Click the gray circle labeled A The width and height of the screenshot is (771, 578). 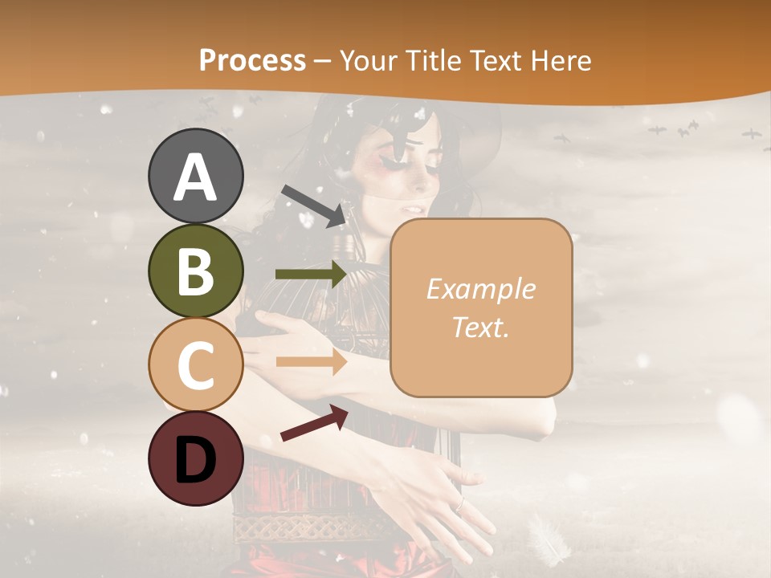196,176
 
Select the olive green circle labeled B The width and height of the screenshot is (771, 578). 196,271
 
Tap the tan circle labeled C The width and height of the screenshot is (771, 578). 196,364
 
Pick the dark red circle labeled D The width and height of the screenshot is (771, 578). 196,459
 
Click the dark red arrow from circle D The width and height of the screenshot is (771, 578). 314,423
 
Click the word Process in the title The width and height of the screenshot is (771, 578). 252,61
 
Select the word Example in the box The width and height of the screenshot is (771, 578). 480,289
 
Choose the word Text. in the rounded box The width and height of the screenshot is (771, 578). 480,327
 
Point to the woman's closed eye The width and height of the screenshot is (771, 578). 394,163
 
